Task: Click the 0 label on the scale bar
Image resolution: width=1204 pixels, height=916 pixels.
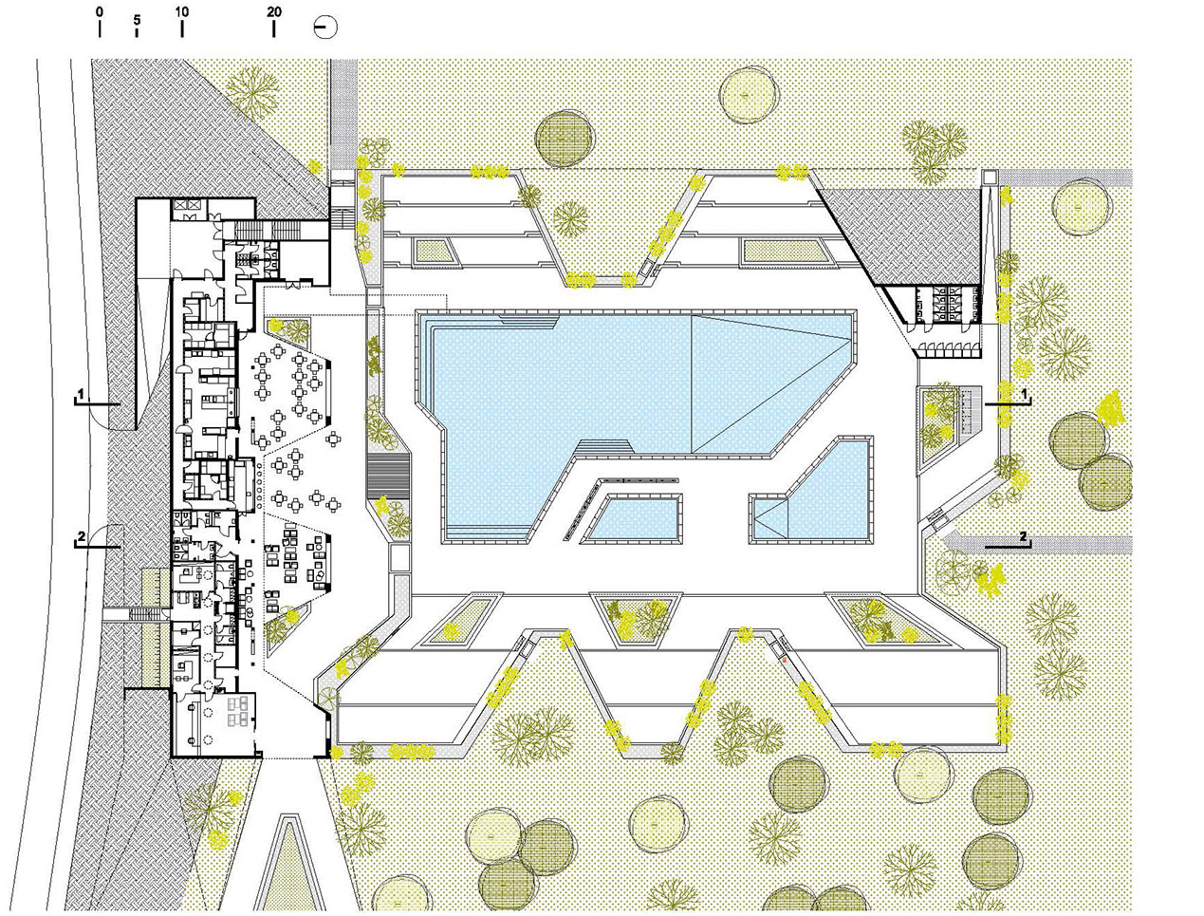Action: click(x=100, y=11)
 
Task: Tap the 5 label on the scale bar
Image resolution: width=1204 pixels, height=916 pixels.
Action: click(x=137, y=20)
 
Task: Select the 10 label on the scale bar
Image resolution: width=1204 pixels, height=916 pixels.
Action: click(x=181, y=11)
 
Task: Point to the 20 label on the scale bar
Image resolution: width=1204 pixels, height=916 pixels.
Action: click(x=273, y=11)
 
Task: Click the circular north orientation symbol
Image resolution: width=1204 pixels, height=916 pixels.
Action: click(x=325, y=28)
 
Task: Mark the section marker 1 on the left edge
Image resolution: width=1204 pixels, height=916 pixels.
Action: click(x=81, y=394)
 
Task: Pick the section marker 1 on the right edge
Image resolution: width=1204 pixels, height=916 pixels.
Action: click(x=1024, y=394)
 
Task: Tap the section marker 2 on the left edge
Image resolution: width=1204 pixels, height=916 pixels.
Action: click(x=82, y=536)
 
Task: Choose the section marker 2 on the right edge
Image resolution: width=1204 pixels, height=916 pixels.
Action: click(x=1023, y=536)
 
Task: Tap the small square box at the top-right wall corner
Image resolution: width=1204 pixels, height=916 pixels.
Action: click(x=990, y=177)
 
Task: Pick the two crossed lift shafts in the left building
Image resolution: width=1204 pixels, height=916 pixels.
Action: click(x=188, y=205)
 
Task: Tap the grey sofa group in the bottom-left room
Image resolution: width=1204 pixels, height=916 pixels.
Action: click(x=240, y=707)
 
